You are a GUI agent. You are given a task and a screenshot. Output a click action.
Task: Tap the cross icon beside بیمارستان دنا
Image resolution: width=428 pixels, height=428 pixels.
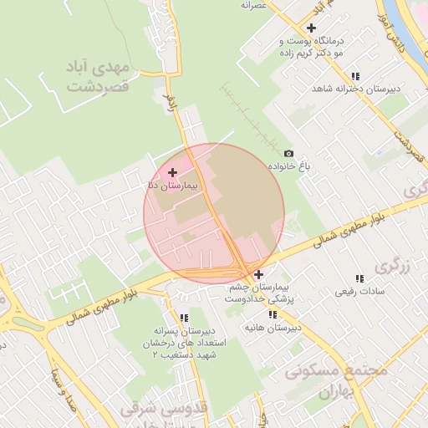(173, 172)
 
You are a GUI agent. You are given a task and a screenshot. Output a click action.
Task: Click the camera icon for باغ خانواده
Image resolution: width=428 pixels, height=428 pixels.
(289, 154)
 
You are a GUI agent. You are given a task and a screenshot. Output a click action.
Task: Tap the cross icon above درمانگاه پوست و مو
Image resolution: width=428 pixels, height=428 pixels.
(311, 28)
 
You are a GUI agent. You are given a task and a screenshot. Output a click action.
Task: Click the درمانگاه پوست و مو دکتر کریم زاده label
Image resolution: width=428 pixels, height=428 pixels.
(311, 45)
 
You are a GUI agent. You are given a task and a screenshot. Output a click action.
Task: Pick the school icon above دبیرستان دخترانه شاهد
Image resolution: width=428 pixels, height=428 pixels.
(355, 75)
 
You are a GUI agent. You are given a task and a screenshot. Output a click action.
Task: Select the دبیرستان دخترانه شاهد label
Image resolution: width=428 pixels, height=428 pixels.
(355, 89)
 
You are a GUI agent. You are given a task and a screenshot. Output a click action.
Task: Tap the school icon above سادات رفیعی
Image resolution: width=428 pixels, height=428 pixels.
(359, 278)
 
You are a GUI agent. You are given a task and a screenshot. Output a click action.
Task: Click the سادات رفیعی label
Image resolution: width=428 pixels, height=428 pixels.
(359, 292)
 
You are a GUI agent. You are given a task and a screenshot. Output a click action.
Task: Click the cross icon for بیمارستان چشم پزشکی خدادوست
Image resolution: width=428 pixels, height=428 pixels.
(259, 274)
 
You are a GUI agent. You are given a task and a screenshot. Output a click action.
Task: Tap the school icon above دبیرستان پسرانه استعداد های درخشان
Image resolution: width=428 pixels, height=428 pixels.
(184, 318)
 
